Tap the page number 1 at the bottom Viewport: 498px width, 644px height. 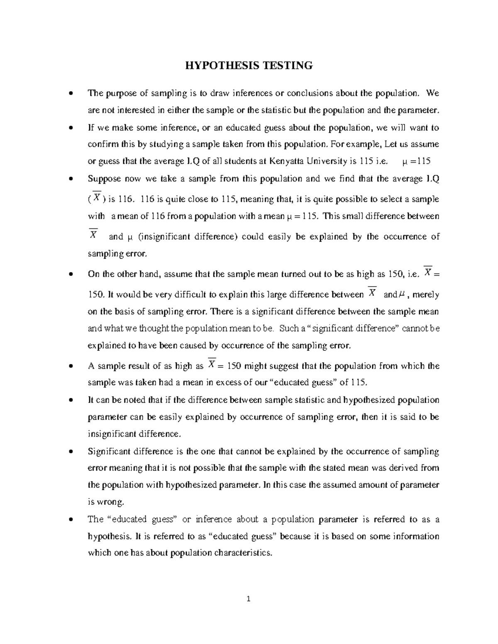coord(249,599)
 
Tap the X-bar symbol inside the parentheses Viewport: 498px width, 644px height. coord(97,198)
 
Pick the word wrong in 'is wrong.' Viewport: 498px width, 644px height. coord(111,502)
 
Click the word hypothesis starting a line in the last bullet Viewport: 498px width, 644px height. coord(109,536)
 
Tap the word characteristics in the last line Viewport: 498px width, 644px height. coord(248,553)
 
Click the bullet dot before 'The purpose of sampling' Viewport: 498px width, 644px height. coord(72,93)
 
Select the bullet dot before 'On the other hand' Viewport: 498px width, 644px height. coord(72,274)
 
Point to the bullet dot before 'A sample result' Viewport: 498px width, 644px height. coord(72,366)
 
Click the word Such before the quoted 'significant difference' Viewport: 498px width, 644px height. coord(289,328)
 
